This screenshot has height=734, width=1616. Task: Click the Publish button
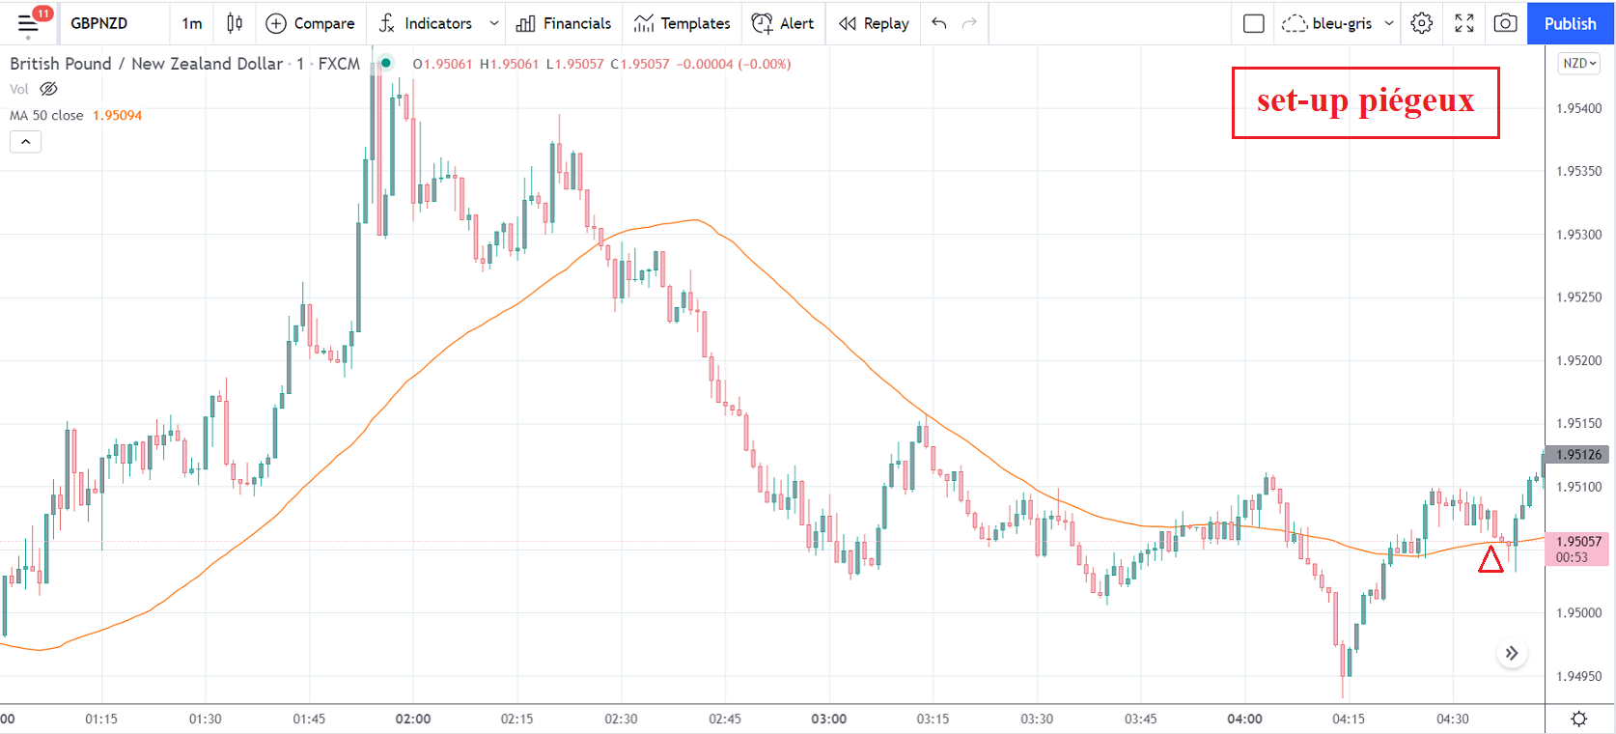click(x=1570, y=23)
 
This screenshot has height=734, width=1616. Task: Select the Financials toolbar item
click(x=564, y=23)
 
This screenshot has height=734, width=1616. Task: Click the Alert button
click(x=783, y=23)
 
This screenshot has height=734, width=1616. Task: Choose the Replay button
click(x=874, y=23)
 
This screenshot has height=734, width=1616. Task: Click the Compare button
click(x=310, y=23)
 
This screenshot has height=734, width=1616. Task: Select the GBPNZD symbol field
click(x=99, y=23)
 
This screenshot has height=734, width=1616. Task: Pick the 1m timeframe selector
click(x=192, y=23)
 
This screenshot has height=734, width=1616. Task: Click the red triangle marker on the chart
click(x=1491, y=559)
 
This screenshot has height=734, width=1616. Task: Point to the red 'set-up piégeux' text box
click(x=1365, y=101)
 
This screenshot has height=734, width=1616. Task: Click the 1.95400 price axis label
click(x=1578, y=108)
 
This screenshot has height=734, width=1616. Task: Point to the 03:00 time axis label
click(x=828, y=719)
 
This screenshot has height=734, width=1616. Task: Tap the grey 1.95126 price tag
click(x=1578, y=454)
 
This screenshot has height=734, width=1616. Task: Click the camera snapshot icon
click(x=1505, y=23)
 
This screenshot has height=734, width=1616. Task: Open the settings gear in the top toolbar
click(x=1421, y=23)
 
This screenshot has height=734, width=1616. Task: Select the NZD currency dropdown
click(x=1579, y=63)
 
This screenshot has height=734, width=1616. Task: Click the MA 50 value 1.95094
click(x=117, y=115)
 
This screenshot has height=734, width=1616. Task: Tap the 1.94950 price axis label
click(x=1578, y=676)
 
